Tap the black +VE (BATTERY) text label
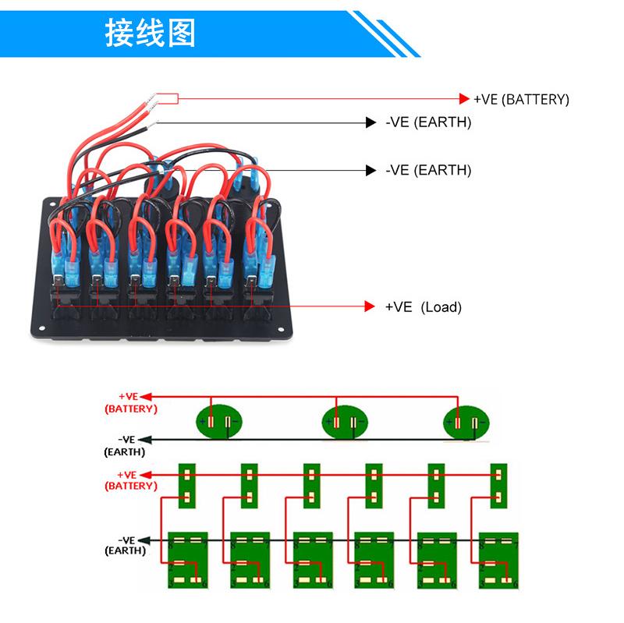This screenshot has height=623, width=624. pos(522,100)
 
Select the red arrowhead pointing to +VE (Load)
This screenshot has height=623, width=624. pos(370,306)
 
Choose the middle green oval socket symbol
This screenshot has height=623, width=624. pos(344,423)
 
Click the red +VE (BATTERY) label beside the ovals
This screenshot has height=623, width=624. pos(129,402)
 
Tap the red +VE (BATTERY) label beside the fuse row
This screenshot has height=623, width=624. pos(129,480)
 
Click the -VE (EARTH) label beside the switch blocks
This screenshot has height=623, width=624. pos(125,544)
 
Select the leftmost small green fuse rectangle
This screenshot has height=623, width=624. pos(187,486)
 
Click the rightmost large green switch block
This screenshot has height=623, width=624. pos(498,560)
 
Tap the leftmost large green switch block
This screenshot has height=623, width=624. pos(188,560)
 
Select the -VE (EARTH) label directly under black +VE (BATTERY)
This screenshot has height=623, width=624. pos(428,123)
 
